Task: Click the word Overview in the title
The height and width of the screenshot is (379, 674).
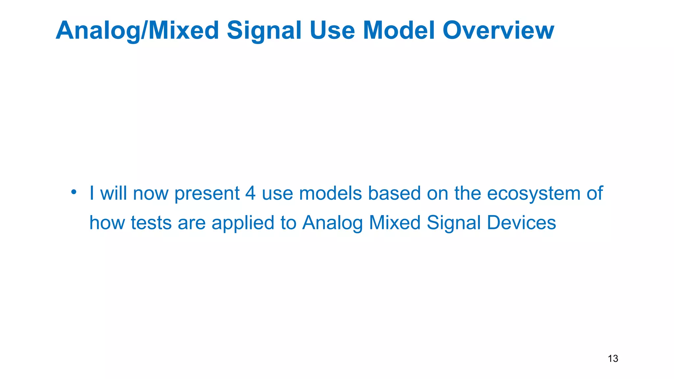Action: pos(498,30)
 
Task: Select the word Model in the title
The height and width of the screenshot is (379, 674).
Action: pos(399,30)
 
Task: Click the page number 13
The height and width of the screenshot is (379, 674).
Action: pos(613,359)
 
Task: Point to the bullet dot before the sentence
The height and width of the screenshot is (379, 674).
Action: pos(74,191)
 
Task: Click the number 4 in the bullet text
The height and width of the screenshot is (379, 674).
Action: pos(250,193)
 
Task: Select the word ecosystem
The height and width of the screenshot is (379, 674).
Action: pos(534,194)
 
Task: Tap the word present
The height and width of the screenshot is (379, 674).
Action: pos(207,194)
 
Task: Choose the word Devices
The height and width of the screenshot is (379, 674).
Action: pos(521,223)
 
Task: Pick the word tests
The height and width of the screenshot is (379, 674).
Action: pos(151,223)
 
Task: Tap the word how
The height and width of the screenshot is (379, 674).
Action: pos(107,223)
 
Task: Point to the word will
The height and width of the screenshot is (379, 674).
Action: pos(114,193)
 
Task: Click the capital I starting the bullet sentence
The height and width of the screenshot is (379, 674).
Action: pos(92,193)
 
